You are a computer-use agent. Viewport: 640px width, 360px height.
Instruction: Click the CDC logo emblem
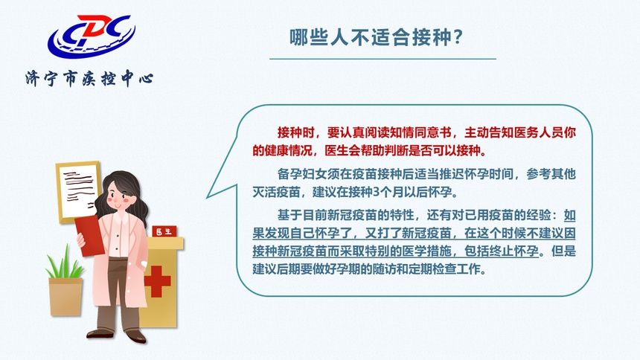tap(90, 37)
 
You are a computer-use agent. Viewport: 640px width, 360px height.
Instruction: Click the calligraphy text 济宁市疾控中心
tap(89, 78)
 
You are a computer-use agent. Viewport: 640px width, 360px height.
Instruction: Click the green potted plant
tap(65, 268)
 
